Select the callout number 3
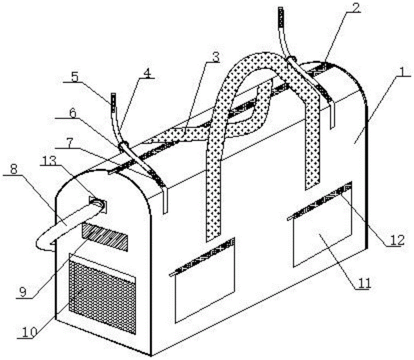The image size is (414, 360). click(214, 58)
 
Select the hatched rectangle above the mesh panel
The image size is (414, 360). click(105, 236)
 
